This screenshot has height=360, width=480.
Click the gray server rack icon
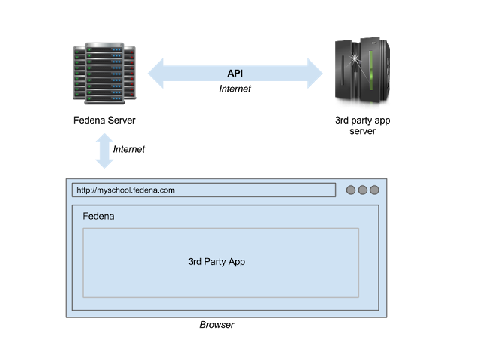104,73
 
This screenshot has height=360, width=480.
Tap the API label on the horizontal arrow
235,73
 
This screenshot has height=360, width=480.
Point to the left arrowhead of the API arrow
155,73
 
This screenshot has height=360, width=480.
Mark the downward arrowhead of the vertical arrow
104,163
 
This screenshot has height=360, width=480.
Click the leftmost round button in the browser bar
351,190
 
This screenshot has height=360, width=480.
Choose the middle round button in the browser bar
363,190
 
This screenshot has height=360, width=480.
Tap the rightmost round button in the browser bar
374,190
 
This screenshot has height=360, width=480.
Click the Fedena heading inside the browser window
98,217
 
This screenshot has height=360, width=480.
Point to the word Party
217,262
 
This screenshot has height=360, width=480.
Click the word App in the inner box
237,262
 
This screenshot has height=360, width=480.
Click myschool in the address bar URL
115,190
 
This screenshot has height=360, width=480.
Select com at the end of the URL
167,190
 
